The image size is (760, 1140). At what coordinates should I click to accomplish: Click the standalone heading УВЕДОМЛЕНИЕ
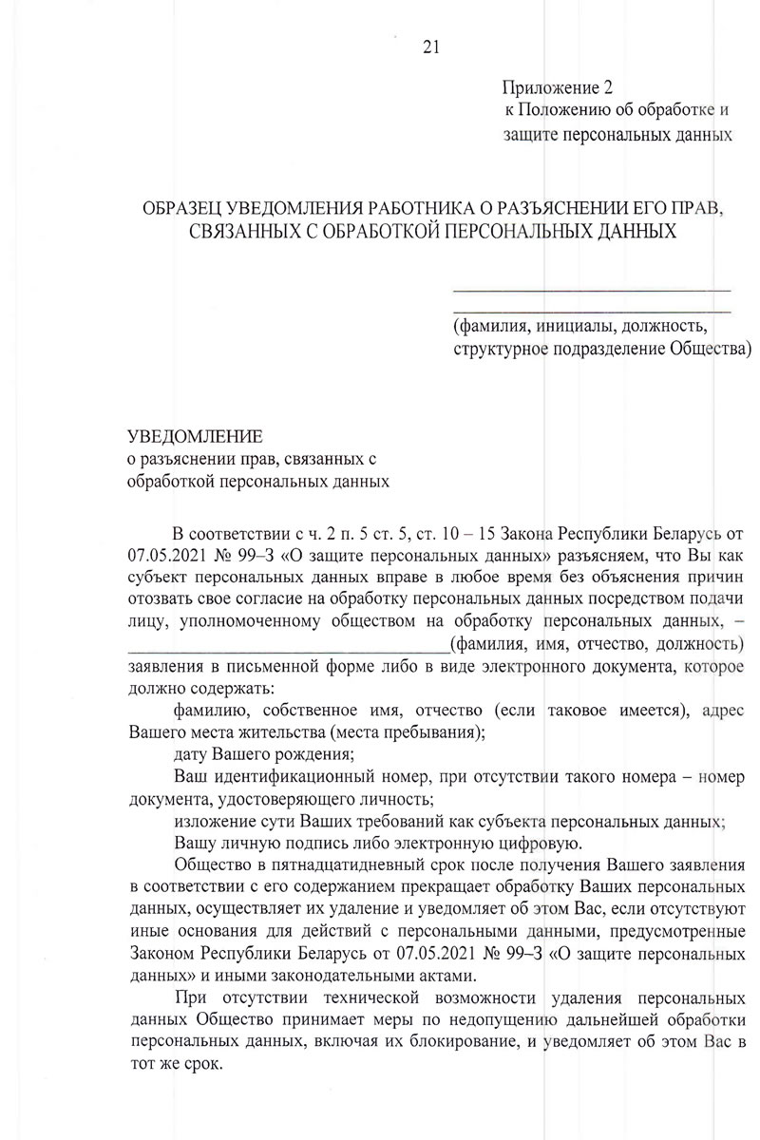194,436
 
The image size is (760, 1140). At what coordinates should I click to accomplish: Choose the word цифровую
529,843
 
